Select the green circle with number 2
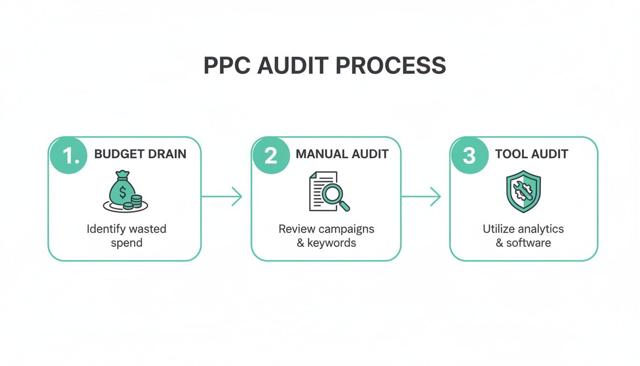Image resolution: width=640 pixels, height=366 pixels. click(x=271, y=156)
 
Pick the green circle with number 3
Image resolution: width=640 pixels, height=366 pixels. click(x=470, y=156)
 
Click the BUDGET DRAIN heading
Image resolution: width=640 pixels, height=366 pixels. click(x=140, y=154)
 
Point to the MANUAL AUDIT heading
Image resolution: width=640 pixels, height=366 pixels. click(x=342, y=154)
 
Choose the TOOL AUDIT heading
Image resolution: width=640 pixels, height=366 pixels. click(x=531, y=154)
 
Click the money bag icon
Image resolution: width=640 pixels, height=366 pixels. click(x=122, y=191)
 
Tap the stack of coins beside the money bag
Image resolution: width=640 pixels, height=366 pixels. click(x=133, y=202)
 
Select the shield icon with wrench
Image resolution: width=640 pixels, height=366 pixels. click(x=523, y=192)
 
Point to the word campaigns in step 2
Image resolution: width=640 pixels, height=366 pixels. click(x=346, y=229)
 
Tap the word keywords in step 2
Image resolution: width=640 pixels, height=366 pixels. click(x=331, y=243)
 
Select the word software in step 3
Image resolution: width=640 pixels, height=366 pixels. click(x=528, y=243)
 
